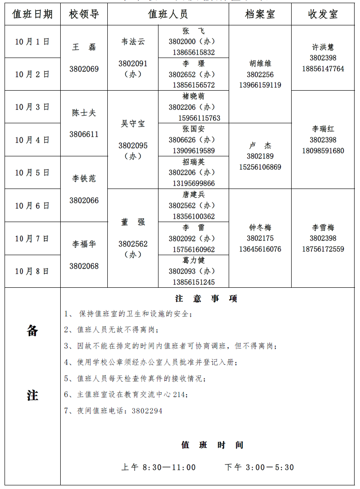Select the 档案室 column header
(260, 15)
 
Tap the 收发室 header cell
(323, 15)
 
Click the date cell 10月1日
(32, 42)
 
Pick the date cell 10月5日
(32, 173)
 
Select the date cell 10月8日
(32, 271)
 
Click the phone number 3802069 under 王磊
(84, 69)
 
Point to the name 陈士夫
(84, 113)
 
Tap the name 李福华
(84, 244)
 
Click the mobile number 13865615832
(193, 53)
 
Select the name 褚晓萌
(193, 97)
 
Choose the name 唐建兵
(193, 195)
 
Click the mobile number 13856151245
(193, 282)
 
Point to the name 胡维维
(260, 64)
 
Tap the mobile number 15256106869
(260, 167)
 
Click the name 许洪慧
(323, 47)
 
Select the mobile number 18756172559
(323, 249)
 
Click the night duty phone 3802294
(147, 411)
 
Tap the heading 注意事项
(206, 299)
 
